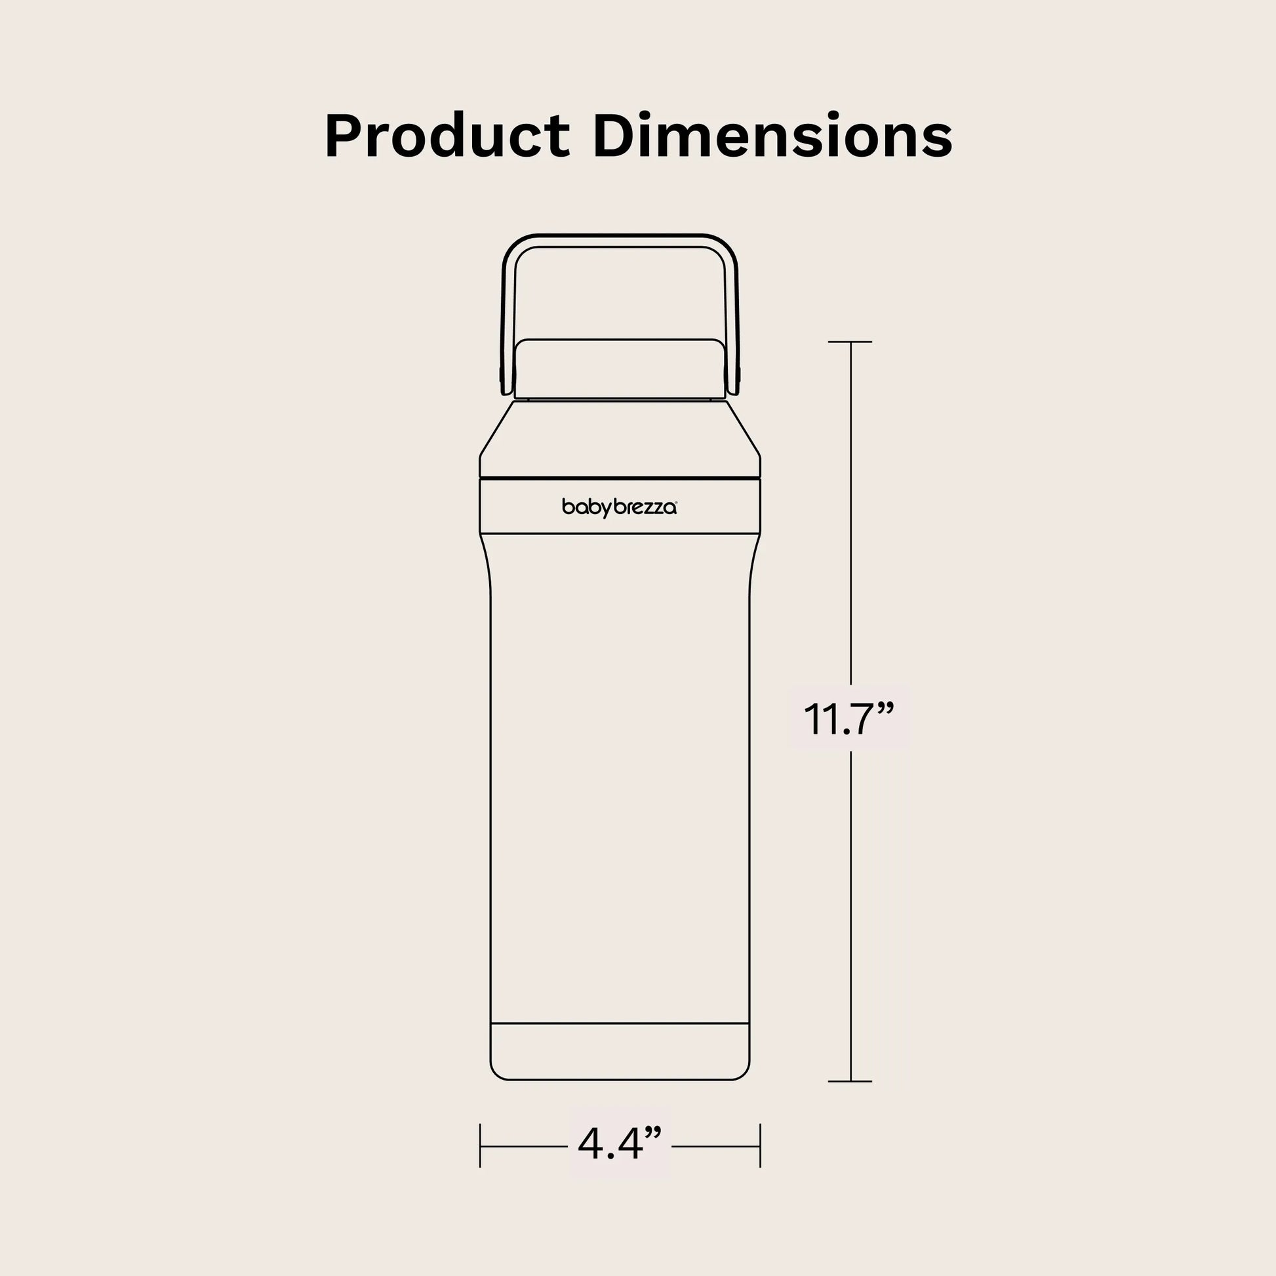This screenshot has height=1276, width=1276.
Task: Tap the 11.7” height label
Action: click(848, 719)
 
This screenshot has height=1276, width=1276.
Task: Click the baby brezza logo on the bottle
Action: click(619, 508)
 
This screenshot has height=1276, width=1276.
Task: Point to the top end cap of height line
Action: click(850, 342)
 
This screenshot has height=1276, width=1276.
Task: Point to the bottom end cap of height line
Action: click(850, 1081)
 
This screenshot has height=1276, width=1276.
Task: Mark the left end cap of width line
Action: click(480, 1146)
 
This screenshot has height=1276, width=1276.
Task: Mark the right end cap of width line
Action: click(760, 1146)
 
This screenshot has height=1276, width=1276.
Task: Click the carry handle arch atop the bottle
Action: click(620, 241)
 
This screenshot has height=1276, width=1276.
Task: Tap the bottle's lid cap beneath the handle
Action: click(620, 369)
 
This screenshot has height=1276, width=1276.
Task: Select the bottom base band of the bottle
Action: click(620, 1051)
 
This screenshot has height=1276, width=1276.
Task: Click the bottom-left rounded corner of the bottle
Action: click(496, 1073)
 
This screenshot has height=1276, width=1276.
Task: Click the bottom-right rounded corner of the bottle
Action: click(742, 1073)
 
